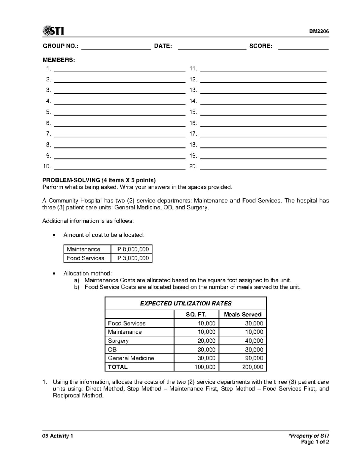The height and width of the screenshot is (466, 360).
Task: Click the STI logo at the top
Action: tap(53, 31)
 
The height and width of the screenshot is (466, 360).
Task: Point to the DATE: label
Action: tap(163, 46)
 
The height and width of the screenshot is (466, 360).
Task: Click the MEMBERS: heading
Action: tap(58, 60)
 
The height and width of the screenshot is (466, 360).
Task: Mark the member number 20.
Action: tap(193, 167)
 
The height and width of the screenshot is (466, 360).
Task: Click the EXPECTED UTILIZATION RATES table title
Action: tap(186, 303)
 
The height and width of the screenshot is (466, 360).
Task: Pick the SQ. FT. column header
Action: tap(196, 314)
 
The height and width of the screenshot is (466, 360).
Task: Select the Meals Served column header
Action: tap(243, 314)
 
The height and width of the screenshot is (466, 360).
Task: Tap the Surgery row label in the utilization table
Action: tap(118, 341)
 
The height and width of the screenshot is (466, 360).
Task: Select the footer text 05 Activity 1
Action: tap(58, 436)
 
